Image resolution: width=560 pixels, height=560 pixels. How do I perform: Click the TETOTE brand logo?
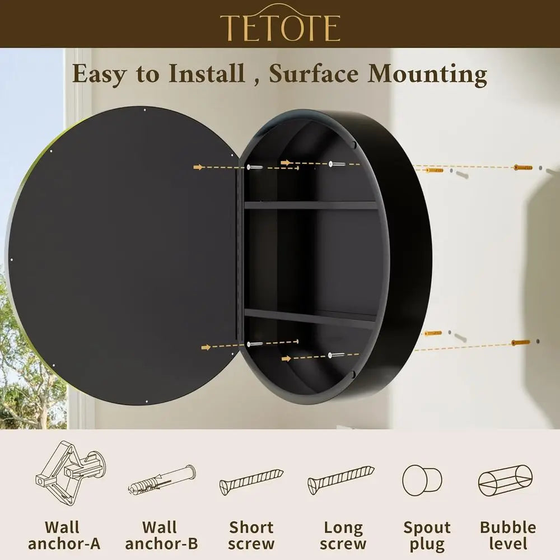(x=280, y=24)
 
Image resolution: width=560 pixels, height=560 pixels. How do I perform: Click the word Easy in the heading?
(x=99, y=74)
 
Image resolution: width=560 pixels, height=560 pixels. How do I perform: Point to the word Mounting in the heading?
(x=427, y=74)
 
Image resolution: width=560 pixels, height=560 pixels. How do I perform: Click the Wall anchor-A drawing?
(x=71, y=470)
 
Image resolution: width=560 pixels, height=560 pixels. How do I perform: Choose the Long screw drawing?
(x=341, y=480)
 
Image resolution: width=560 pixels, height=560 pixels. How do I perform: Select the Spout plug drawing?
(x=422, y=480)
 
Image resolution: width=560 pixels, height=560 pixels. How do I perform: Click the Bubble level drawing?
(x=505, y=480)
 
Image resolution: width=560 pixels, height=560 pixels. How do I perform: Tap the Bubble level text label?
(x=508, y=535)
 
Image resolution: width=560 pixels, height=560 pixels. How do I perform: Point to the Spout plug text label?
(x=427, y=535)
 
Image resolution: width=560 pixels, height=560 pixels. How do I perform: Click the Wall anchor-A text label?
(x=64, y=535)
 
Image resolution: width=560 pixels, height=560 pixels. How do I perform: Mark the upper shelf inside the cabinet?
(x=311, y=205)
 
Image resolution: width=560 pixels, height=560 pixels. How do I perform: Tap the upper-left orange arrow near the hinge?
(x=199, y=167)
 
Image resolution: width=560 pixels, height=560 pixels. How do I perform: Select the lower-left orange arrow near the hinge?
(x=206, y=347)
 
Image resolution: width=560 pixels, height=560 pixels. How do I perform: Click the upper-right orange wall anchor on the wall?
(x=523, y=167)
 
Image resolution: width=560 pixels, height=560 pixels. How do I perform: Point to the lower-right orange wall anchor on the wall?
(x=521, y=343)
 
